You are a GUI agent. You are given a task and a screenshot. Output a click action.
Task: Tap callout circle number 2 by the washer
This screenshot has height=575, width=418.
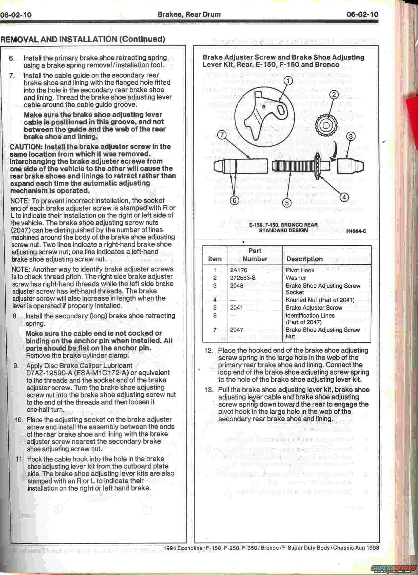(x=334, y=95)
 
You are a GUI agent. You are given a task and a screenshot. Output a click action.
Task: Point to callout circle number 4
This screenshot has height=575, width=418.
(x=344, y=197)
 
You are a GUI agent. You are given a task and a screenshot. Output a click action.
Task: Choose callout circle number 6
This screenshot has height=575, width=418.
(x=234, y=200)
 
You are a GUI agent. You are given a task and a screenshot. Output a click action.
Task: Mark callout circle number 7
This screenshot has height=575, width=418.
(x=222, y=135)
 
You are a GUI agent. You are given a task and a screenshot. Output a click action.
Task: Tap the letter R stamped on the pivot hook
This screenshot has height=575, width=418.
(x=263, y=107)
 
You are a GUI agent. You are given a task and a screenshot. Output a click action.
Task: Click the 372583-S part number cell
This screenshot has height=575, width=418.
(x=243, y=278)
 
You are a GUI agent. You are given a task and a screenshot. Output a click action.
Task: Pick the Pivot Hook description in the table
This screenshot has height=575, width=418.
(x=300, y=270)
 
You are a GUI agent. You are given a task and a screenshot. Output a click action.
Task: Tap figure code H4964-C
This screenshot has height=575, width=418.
(x=356, y=231)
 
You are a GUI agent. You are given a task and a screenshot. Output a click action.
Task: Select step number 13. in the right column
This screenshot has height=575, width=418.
(x=209, y=390)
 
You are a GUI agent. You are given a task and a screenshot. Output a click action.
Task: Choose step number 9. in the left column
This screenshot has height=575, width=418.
(x=16, y=366)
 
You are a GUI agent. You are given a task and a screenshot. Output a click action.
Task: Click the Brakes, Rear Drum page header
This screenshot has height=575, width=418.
(x=189, y=14)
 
